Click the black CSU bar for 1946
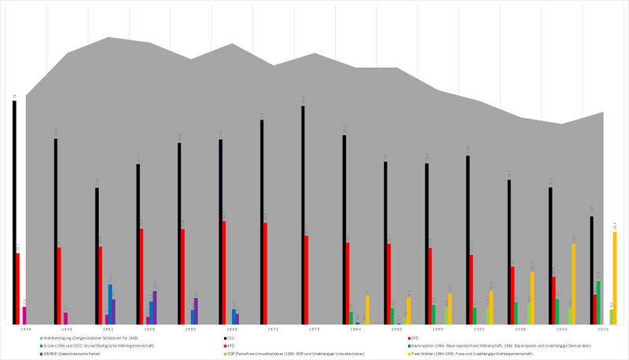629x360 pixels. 14,212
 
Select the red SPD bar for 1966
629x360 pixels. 224,272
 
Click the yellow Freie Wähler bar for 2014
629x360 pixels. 573,284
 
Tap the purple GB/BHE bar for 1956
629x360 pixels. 155,307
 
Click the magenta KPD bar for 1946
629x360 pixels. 24,315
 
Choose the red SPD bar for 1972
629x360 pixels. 265,274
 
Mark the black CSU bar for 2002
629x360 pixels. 467,240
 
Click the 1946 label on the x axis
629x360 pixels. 26,330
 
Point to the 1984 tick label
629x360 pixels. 356,330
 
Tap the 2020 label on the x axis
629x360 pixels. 603,330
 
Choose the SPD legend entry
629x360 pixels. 414,337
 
